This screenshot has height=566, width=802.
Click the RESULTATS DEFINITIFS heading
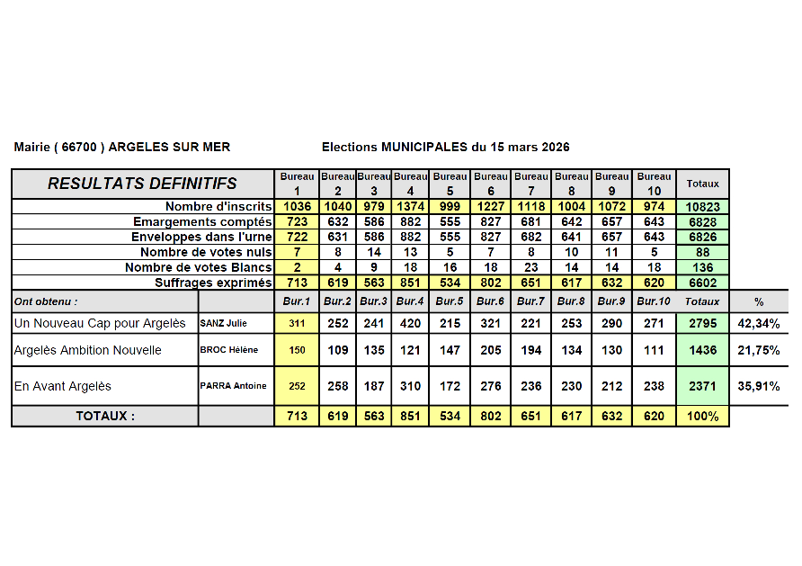pyautogui.click(x=142, y=184)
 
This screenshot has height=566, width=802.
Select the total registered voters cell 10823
pyautogui.click(x=702, y=207)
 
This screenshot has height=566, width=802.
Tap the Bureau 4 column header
pyautogui.click(x=410, y=184)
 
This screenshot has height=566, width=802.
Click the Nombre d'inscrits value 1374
pyautogui.click(x=410, y=207)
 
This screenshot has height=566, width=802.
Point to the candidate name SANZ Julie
pyautogui.click(x=224, y=322)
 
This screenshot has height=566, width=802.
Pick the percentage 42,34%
pyautogui.click(x=759, y=322)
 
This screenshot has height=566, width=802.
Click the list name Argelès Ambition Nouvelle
pyautogui.click(x=88, y=350)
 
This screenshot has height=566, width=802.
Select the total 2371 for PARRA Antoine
pyautogui.click(x=702, y=386)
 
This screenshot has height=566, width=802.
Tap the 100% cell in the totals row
pyautogui.click(x=702, y=417)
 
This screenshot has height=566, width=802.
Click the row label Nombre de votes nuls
pyautogui.click(x=206, y=253)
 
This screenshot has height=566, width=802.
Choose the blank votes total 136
pyautogui.click(x=702, y=268)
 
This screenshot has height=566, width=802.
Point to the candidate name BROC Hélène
pyautogui.click(x=227, y=350)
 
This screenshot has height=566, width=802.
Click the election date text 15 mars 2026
pyautogui.click(x=526, y=147)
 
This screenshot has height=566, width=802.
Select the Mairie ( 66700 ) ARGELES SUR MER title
pyautogui.click(x=122, y=147)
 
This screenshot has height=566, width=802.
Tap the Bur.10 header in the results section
pyautogui.click(x=654, y=301)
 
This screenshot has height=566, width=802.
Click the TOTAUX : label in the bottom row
pyautogui.click(x=105, y=417)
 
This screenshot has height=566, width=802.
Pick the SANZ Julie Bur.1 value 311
pyautogui.click(x=297, y=322)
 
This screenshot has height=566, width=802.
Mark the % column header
pyautogui.click(x=759, y=301)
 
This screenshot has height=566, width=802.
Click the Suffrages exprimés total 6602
pyautogui.click(x=702, y=283)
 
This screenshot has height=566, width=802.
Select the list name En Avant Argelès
pyautogui.click(x=63, y=386)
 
